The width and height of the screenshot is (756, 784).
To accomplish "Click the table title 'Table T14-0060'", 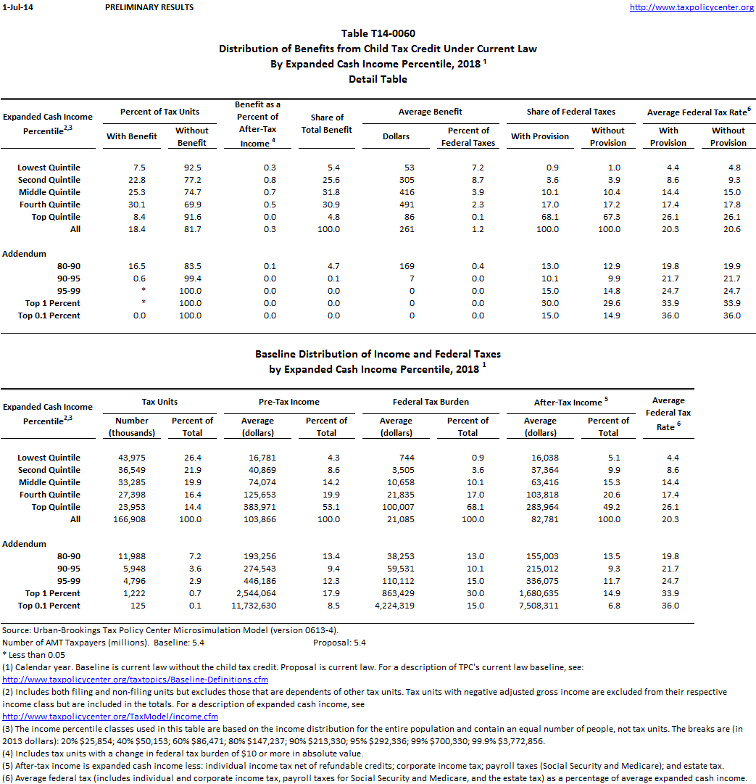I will click(x=378, y=33).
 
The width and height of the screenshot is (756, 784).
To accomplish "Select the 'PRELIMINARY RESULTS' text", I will click(x=149, y=7).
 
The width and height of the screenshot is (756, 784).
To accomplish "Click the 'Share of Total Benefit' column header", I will click(x=326, y=123).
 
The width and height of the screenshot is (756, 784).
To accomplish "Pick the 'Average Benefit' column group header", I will click(x=431, y=112).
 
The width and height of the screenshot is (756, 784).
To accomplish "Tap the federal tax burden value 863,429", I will click(x=397, y=593).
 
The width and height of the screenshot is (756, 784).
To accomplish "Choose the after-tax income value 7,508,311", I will click(x=540, y=606).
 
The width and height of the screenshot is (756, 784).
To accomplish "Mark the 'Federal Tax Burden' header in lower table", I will click(x=431, y=401).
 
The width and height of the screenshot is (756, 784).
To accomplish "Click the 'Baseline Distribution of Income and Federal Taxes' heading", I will click(x=378, y=354).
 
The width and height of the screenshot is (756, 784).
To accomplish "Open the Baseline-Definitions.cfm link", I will click(x=136, y=680).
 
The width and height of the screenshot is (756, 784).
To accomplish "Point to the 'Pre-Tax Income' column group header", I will click(x=289, y=401).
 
